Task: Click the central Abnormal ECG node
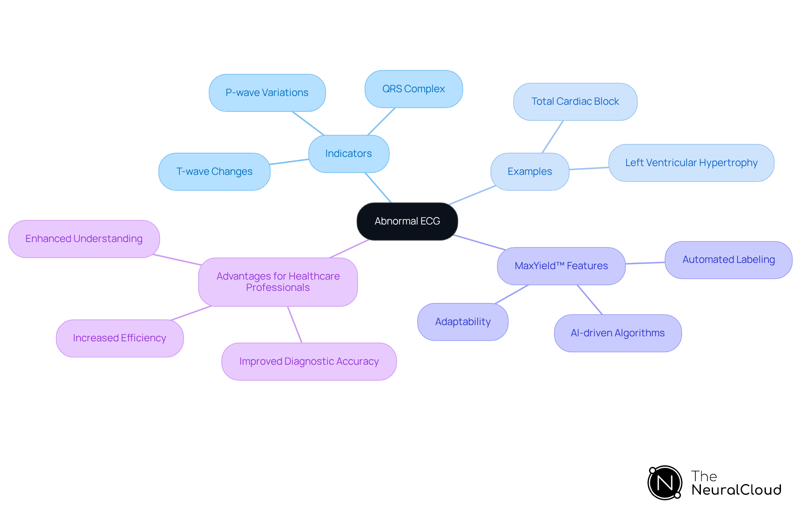[x=407, y=221]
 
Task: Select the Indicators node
[x=349, y=154]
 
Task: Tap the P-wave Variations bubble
[x=267, y=93]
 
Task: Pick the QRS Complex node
[x=413, y=89]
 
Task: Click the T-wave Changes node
[x=214, y=172]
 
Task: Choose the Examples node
[x=529, y=172]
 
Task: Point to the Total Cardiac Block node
[x=575, y=101]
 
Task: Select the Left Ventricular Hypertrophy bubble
[x=691, y=163]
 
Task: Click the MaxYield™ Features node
[x=561, y=266]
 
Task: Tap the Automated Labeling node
[x=728, y=260]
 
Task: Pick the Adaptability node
[x=463, y=322]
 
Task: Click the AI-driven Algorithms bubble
[x=617, y=333]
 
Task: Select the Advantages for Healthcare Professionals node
[x=278, y=282]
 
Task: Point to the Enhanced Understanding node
[x=84, y=239]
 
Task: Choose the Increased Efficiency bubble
[x=120, y=338]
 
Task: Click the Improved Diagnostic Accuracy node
[x=309, y=361]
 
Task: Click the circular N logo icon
[x=665, y=483]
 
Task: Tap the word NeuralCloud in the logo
[x=736, y=490]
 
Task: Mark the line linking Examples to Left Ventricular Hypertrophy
[x=589, y=169]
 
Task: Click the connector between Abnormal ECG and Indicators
[x=378, y=188]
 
